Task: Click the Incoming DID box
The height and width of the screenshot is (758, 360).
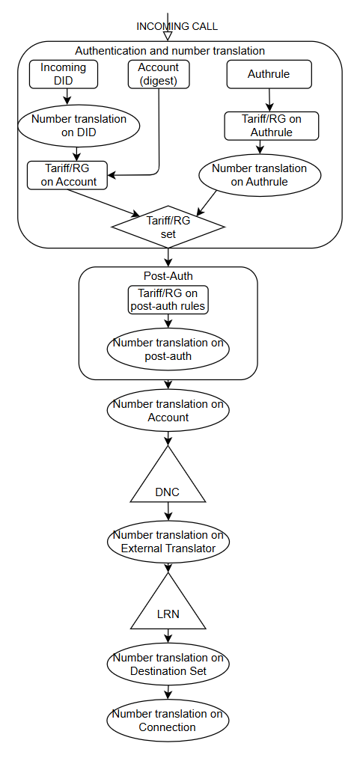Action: [x=64, y=74]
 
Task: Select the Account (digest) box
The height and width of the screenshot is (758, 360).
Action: [x=159, y=74]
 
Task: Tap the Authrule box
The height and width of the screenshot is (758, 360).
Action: [x=269, y=74]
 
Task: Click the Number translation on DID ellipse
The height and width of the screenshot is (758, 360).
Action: [x=79, y=125]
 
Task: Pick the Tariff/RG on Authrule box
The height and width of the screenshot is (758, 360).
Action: [x=272, y=126]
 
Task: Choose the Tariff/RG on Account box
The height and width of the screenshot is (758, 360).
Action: [x=67, y=175]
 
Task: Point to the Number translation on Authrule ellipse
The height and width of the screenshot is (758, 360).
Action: [x=260, y=175]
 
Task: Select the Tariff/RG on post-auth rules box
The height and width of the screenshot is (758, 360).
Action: [x=168, y=300]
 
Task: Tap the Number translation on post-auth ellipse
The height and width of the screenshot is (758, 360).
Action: [x=168, y=349]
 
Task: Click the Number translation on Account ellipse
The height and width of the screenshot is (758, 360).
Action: [x=168, y=410]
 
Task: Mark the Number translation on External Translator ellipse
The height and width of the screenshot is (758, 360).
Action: [x=168, y=542]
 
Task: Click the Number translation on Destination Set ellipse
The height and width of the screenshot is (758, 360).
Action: [x=168, y=664]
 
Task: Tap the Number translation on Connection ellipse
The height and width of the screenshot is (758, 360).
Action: [x=168, y=721]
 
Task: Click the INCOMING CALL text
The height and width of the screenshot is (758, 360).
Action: [x=177, y=26]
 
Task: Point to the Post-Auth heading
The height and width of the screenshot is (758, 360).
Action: [x=168, y=276]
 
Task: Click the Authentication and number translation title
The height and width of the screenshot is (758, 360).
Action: [x=170, y=50]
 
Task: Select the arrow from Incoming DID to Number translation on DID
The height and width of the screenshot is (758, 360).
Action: [x=67, y=97]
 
